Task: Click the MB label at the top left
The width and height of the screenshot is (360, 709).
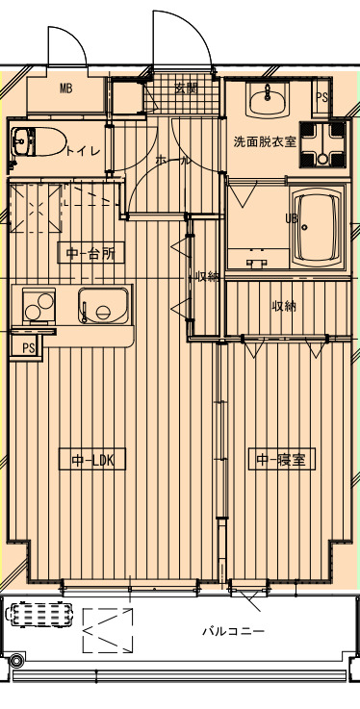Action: coord(66,89)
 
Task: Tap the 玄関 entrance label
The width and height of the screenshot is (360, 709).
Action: coord(186,88)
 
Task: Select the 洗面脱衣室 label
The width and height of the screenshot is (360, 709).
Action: coord(265,141)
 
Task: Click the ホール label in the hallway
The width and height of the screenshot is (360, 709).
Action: coord(172,161)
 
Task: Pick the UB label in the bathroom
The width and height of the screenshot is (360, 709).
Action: coord(291,218)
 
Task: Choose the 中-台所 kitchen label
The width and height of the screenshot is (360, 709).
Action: coord(91,254)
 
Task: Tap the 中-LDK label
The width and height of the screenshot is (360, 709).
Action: coord(93,460)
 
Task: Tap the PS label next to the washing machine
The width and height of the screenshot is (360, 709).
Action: coord(321,97)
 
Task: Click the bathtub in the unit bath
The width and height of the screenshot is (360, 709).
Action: coord(317,229)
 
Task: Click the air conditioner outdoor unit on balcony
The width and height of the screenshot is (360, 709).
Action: coord(40,614)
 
